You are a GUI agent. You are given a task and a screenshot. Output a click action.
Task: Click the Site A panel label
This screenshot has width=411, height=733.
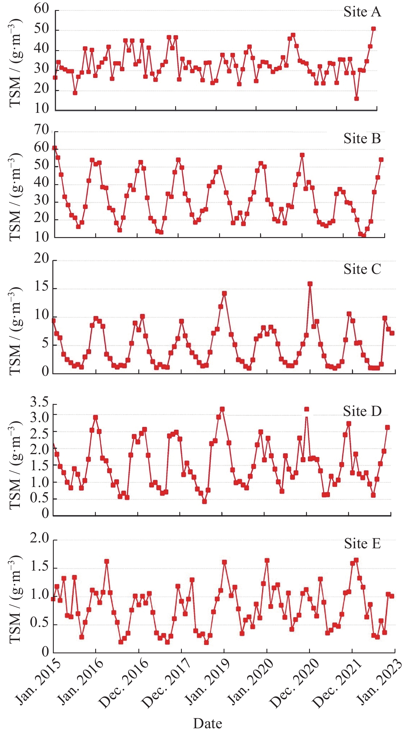[362, 12]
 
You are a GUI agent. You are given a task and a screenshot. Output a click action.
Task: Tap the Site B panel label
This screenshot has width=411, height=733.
[362, 139]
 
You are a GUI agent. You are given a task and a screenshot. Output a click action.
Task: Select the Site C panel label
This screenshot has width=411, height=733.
[362, 269]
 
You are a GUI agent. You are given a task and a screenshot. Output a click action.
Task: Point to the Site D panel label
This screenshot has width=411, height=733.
[362, 411]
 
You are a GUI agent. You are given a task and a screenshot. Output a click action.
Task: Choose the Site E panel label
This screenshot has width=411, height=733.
[362, 544]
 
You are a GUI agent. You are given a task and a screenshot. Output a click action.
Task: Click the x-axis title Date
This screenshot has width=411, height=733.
[207, 723]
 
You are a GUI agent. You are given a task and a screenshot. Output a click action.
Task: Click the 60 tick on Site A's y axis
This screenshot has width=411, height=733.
[41, 9]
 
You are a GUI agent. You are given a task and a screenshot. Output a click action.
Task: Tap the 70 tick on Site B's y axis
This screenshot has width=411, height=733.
[41, 130]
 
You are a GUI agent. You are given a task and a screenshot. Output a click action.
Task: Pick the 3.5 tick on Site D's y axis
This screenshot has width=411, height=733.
[40, 402]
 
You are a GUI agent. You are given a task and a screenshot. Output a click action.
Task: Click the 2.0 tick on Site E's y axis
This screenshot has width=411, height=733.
[40, 538]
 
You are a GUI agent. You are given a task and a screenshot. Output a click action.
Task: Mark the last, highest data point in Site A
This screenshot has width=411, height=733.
[373, 29]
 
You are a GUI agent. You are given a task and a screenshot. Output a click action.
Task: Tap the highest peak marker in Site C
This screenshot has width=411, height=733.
[310, 284]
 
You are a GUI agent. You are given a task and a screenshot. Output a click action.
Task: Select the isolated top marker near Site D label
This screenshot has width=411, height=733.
[306, 409]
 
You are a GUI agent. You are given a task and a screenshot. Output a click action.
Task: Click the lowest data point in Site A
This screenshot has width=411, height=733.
[356, 99]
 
